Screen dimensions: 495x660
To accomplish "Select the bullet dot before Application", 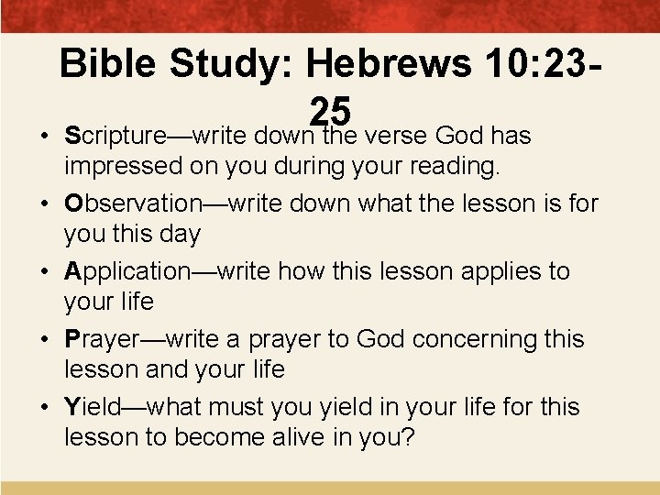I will tap(43, 272).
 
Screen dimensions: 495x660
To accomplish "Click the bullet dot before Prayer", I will tap(43, 340).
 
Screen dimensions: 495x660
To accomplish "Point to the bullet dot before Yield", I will tap(43, 405).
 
